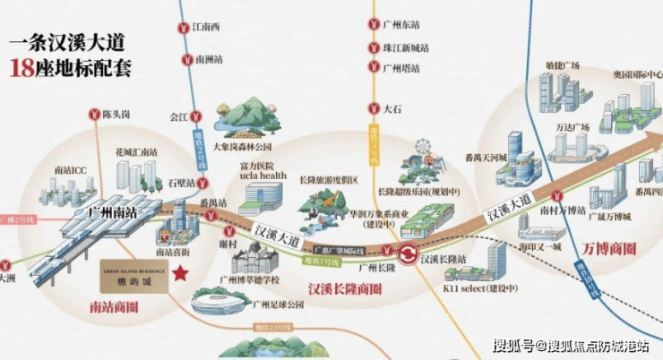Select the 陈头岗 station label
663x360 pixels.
click(116, 115)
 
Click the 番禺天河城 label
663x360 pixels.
click(512, 159)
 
